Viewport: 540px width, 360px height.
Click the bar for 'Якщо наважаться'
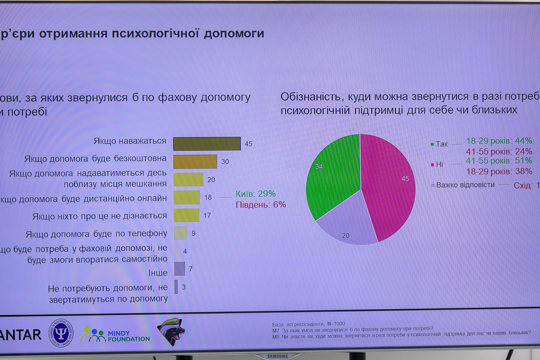(207, 144)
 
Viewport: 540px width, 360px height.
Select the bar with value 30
(195, 162)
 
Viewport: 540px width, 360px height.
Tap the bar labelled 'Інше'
(180, 269)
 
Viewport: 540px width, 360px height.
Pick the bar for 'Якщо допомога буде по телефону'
(181, 233)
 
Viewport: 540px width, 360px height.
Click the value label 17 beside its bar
(207, 216)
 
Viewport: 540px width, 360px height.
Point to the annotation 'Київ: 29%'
(255, 194)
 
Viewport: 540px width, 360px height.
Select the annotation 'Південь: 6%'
(261, 205)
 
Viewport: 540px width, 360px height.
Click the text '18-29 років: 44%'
(499, 141)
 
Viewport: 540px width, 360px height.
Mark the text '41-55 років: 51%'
(499, 161)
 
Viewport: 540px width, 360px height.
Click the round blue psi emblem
(61, 333)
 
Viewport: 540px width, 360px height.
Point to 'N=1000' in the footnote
(336, 324)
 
